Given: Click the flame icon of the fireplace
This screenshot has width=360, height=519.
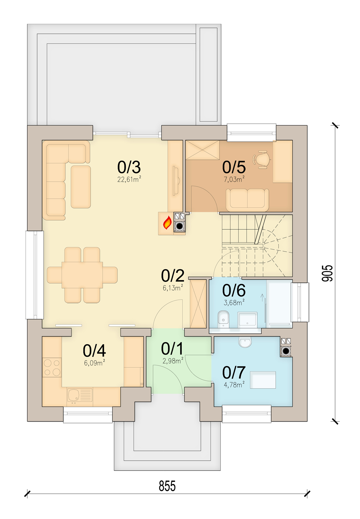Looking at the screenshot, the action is (167, 223).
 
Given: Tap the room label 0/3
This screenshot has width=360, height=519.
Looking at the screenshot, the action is (129, 167).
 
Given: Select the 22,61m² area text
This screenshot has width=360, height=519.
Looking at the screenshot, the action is (129, 179).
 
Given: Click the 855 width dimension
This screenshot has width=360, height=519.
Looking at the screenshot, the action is (167, 486).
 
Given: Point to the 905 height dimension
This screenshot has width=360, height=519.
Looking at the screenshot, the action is (327, 273).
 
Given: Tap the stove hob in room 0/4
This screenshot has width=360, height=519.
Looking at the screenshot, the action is (52, 367).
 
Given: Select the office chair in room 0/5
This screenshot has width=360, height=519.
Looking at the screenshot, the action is (262, 159).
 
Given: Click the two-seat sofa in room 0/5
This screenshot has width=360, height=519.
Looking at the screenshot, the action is (247, 200).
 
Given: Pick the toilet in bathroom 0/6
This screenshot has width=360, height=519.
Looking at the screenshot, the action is (223, 319).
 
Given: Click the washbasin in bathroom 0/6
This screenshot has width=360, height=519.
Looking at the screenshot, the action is (247, 320).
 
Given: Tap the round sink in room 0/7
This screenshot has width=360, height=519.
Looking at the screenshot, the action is (245, 342).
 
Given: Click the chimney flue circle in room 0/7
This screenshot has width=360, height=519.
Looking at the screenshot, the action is (286, 350).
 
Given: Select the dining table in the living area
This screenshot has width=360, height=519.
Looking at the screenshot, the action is (82, 275).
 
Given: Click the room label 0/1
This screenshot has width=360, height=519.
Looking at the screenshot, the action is (172, 349).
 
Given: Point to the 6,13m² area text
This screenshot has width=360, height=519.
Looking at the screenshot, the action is (173, 288).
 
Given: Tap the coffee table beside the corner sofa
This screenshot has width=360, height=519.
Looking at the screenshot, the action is (81, 187).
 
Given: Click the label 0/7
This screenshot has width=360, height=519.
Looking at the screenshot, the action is (234, 372).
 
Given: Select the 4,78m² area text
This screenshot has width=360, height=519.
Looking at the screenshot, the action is (234, 385).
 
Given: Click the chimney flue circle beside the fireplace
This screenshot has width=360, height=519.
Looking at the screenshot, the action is (180, 226).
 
